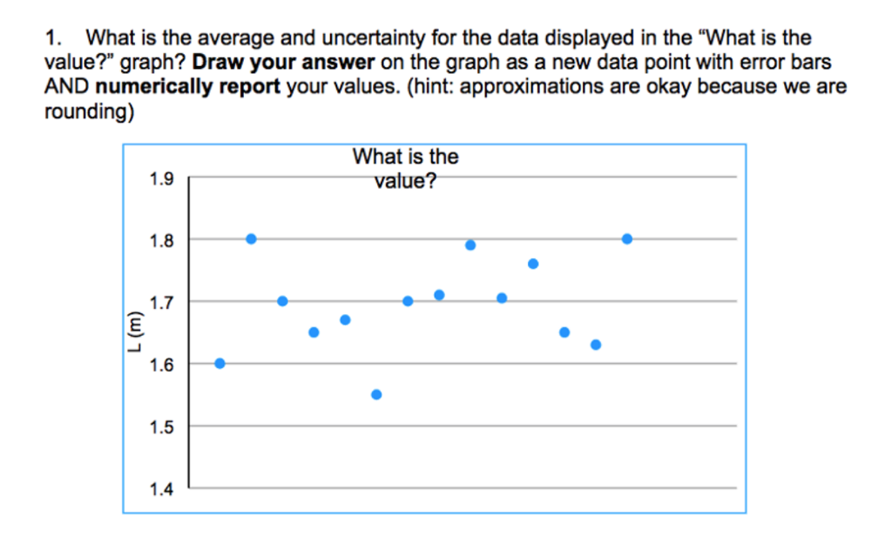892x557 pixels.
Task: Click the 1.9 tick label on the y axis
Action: click(161, 180)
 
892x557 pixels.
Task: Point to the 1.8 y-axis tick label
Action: click(161, 240)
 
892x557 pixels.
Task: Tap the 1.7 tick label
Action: click(161, 303)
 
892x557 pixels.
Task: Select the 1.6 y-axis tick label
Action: click(161, 365)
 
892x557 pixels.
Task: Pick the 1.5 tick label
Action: click(161, 427)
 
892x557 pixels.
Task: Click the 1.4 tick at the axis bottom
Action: click(161, 490)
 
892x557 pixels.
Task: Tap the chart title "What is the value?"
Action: click(405, 168)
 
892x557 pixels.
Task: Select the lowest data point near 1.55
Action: click(376, 394)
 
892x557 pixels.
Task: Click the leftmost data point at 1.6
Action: click(220, 363)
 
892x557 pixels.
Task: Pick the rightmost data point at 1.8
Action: click(627, 238)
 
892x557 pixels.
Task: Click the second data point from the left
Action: click(251, 238)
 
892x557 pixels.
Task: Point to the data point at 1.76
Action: click(533, 264)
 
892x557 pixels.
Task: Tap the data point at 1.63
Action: click(596, 345)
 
